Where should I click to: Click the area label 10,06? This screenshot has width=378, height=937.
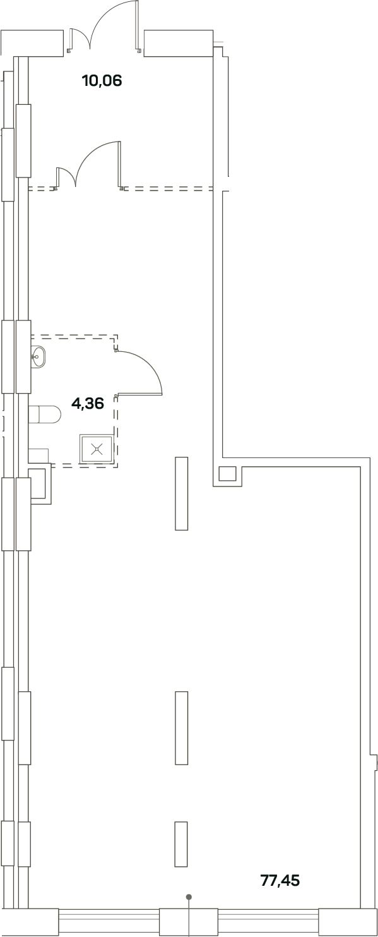point(102,80)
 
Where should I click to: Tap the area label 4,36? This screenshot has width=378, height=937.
point(88,404)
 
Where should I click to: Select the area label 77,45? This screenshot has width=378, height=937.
point(280,880)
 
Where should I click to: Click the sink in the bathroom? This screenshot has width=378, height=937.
point(39,357)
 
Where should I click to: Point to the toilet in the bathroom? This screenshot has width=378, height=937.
point(45,415)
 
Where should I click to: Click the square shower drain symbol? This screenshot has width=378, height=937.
point(97,449)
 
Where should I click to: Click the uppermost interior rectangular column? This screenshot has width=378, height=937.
point(181,493)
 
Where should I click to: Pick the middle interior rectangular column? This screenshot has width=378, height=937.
point(181,727)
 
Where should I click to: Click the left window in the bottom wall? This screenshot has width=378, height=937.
point(109,922)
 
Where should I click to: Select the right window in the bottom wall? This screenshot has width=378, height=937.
point(268,922)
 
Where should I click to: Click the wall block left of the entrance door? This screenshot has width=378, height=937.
point(32,42)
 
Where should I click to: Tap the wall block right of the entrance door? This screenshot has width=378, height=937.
point(179,43)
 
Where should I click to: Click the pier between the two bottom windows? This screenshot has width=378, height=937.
point(189,922)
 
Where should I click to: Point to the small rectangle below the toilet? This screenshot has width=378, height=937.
point(38,456)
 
